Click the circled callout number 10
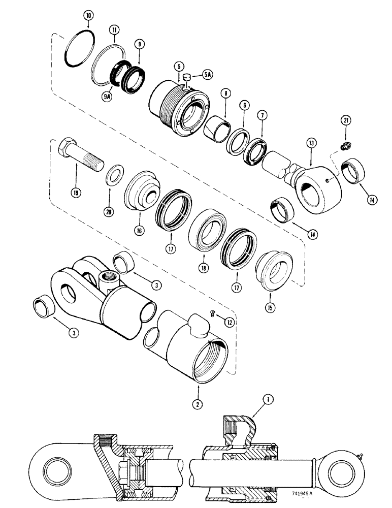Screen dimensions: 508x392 pos(88,16)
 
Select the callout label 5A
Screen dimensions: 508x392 pos(209,74)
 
